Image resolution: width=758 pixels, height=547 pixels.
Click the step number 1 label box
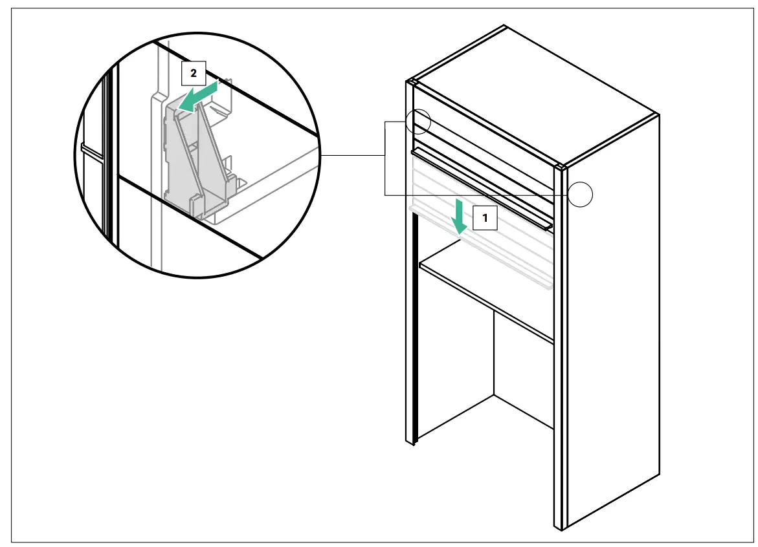[x=485, y=219]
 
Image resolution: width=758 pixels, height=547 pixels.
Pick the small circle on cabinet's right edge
[x=582, y=194]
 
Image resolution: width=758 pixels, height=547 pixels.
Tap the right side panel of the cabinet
[x=612, y=323]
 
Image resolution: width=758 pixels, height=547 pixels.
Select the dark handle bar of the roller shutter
[x=482, y=188]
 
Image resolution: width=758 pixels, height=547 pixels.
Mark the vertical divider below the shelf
[x=494, y=356]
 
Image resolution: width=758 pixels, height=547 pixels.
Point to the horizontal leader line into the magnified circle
[x=353, y=156]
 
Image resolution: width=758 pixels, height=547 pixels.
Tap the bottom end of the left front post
[x=410, y=441]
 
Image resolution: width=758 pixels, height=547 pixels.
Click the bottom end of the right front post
[x=560, y=525]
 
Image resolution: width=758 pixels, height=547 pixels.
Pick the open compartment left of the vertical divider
[x=456, y=362]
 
